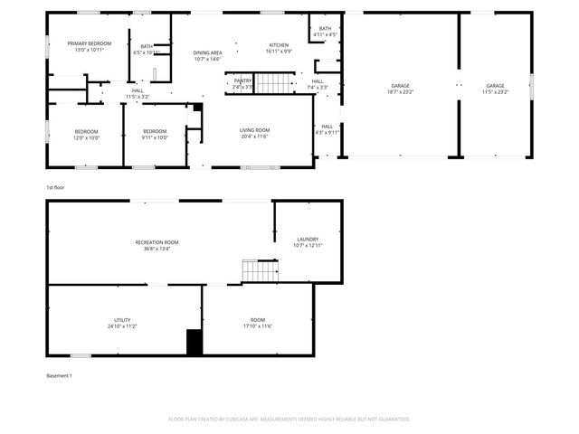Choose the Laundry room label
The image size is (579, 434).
tap(308, 242)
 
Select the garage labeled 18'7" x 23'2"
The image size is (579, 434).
tap(400, 89)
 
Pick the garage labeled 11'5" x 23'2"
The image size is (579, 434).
tap(495, 89)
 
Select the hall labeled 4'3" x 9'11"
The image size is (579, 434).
tap(327, 129)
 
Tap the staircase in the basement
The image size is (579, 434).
tap(259, 270)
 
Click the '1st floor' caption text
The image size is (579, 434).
tap(55, 187)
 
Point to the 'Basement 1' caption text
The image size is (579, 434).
tap(59, 375)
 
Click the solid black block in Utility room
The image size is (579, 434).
tap(194, 342)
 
